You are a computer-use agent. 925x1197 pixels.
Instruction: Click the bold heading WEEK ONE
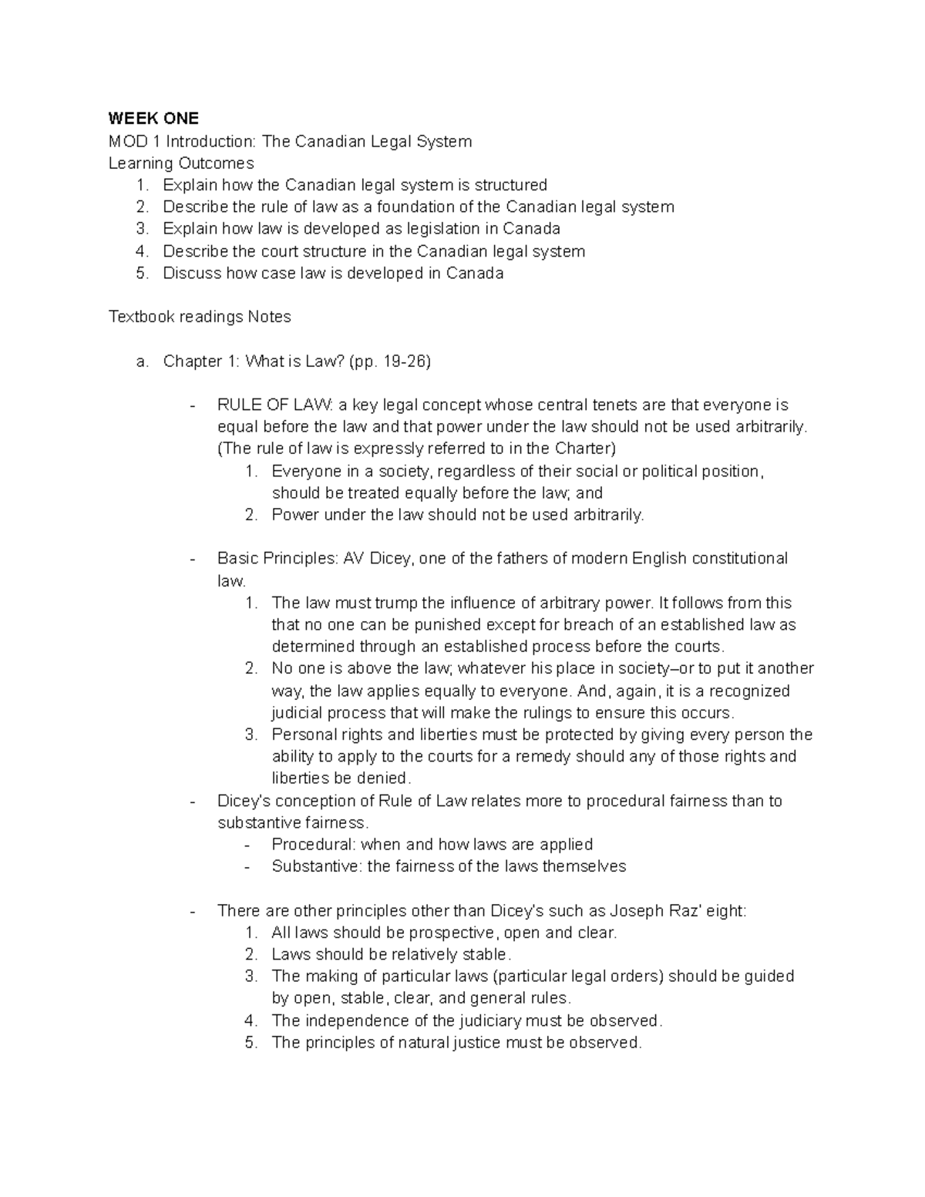click(x=153, y=119)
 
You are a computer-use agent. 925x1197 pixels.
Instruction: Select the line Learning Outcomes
click(x=181, y=163)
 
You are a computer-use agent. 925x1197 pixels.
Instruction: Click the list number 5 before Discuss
click(x=141, y=274)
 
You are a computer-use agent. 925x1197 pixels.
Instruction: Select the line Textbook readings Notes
click(x=200, y=317)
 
